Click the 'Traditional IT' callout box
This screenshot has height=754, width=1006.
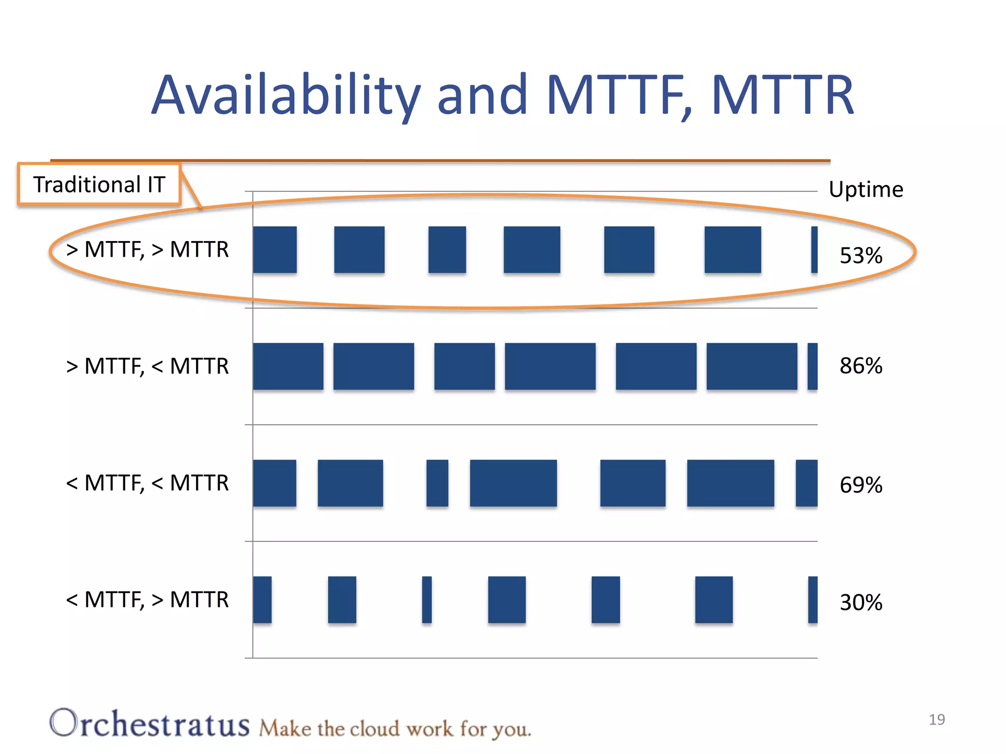point(99,185)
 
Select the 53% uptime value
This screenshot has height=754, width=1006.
point(861,256)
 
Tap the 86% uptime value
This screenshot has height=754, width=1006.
point(861,366)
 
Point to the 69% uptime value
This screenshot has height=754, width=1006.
point(861,485)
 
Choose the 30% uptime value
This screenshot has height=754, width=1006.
point(861,603)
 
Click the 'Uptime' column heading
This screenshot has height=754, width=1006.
point(866,189)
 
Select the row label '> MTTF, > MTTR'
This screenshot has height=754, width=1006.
point(147,250)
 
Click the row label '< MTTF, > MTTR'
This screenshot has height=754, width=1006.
point(147,600)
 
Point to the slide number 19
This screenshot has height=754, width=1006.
point(937,720)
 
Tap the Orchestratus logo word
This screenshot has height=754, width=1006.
point(150,724)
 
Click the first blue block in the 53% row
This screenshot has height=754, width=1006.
point(275,249)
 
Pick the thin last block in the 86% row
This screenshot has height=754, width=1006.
point(812,366)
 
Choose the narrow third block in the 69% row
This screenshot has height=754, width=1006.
point(437,483)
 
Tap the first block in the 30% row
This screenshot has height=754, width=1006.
point(262,599)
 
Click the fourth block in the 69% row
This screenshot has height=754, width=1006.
point(513,483)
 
